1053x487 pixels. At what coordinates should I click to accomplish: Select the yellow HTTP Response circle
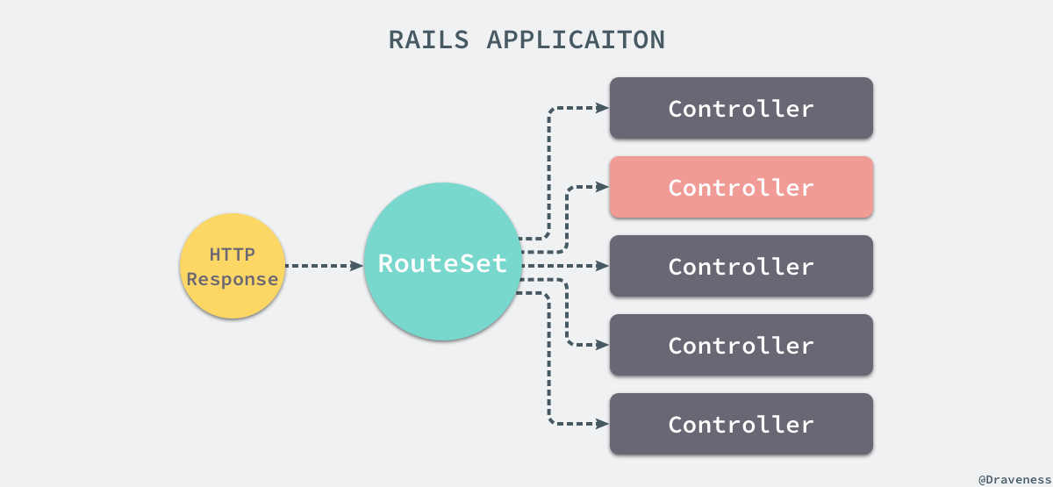[233, 266]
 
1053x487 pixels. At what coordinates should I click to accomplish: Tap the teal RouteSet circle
[443, 261]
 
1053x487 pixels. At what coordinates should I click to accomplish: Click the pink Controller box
[741, 187]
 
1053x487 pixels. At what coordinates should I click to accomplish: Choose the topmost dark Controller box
[741, 108]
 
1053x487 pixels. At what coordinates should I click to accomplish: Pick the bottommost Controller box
[741, 424]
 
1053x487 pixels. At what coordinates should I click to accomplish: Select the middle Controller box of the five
[741, 266]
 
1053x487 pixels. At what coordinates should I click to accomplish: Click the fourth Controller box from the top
[741, 345]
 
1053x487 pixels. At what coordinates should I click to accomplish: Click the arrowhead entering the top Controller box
[603, 108]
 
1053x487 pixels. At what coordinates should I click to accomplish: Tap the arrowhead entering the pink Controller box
[603, 187]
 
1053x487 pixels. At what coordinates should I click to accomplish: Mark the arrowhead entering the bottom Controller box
[603, 424]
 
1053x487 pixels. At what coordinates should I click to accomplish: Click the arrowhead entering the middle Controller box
[603, 266]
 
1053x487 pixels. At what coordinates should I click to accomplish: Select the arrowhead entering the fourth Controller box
[603, 345]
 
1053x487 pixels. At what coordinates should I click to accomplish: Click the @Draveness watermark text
[1014, 479]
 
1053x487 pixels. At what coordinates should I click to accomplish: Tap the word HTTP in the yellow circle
[233, 254]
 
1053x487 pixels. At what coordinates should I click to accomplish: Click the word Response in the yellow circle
[233, 279]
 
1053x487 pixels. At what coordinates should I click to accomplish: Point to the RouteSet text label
[443, 263]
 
